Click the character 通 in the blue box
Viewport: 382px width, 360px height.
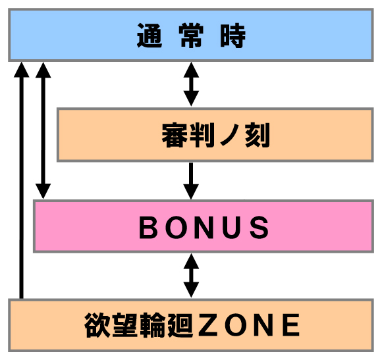(150, 36)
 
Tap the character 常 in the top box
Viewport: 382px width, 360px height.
(191, 36)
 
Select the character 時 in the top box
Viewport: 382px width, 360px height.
(233, 36)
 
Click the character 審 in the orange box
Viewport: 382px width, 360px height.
(175, 135)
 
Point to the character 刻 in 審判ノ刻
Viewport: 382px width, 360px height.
(258, 135)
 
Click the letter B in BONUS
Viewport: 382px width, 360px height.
(148, 228)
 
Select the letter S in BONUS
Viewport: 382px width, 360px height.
(260, 228)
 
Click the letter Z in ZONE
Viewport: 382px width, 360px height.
(208, 325)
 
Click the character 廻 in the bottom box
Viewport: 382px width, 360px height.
(180, 325)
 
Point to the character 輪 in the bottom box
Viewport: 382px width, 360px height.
(153, 325)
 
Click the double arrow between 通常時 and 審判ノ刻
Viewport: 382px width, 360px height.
(191, 84)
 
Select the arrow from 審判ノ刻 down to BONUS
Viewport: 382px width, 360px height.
(191, 181)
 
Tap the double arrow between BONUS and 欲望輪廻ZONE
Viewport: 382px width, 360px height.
(191, 276)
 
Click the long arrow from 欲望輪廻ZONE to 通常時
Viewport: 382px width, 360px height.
(22, 180)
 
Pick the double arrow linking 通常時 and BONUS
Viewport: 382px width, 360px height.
(43, 131)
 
